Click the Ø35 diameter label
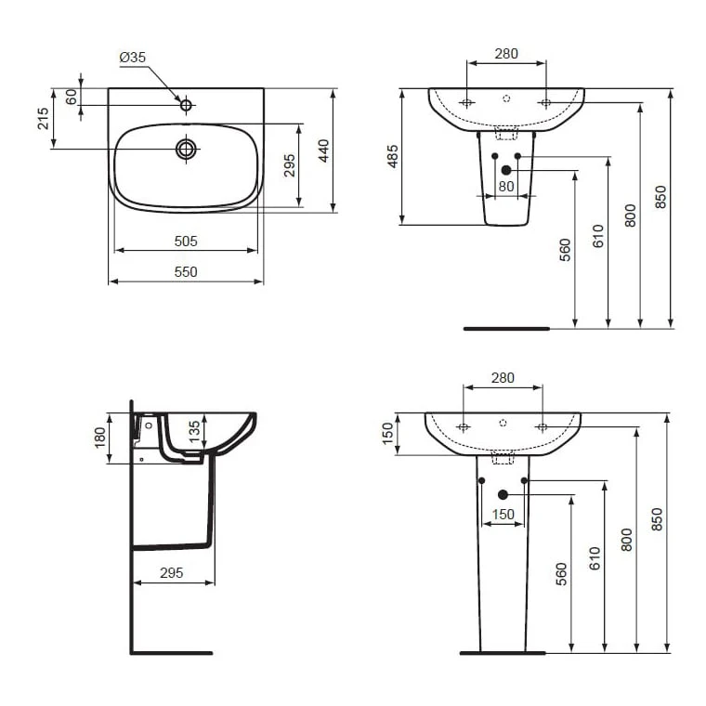click(x=133, y=58)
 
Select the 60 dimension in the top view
click(x=71, y=97)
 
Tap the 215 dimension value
click(x=43, y=118)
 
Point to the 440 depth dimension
click(x=323, y=150)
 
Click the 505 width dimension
click(x=186, y=241)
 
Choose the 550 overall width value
click(x=186, y=271)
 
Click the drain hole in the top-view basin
click(x=187, y=148)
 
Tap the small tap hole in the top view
click(x=186, y=104)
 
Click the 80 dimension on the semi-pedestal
click(x=505, y=186)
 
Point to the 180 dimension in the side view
click(x=100, y=438)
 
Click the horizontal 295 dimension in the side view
click(x=171, y=573)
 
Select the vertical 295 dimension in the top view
click(x=289, y=164)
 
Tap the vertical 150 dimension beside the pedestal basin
click(x=386, y=434)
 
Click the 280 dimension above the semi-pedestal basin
click(x=505, y=54)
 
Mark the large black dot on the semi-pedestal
click(x=506, y=170)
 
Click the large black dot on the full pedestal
click(x=503, y=495)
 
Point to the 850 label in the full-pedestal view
click(x=658, y=520)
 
